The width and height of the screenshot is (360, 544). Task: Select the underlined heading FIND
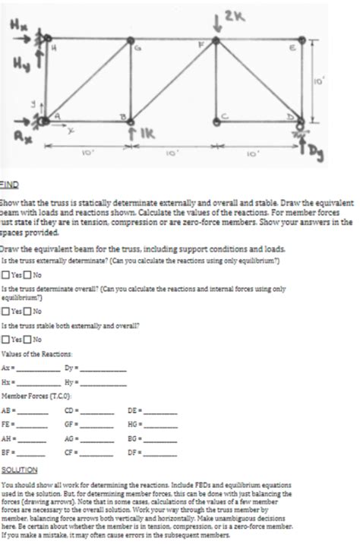click(x=9, y=184)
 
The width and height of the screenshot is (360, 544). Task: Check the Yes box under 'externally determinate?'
click(x=6, y=275)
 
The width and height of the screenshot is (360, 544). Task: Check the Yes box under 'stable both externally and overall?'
click(x=6, y=340)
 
